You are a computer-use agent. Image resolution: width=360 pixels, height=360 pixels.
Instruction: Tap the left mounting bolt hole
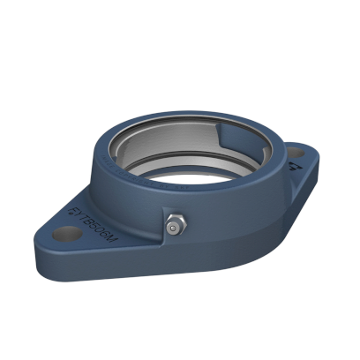click(64, 236)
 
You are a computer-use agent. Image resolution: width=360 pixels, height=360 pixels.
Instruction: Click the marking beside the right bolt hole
click(289, 163)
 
